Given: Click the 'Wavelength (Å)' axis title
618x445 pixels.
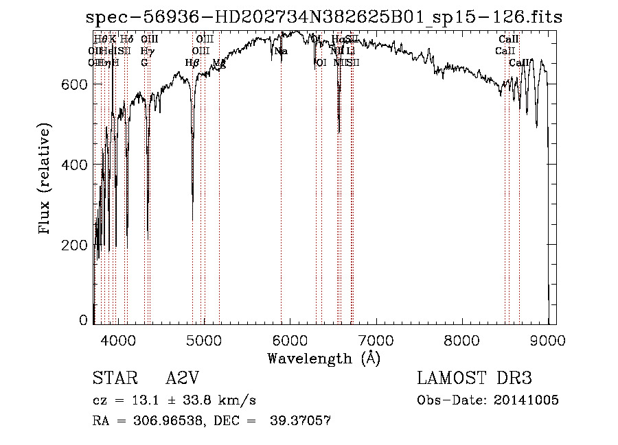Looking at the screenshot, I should (x=323, y=358).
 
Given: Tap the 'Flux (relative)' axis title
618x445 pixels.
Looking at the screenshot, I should (x=46, y=180).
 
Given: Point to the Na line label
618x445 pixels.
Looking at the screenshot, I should (x=281, y=51).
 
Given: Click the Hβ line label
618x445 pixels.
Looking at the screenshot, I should (x=192, y=62).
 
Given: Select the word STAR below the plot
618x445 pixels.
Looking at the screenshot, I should (x=109, y=378).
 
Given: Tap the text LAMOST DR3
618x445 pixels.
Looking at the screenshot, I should (x=474, y=378).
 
